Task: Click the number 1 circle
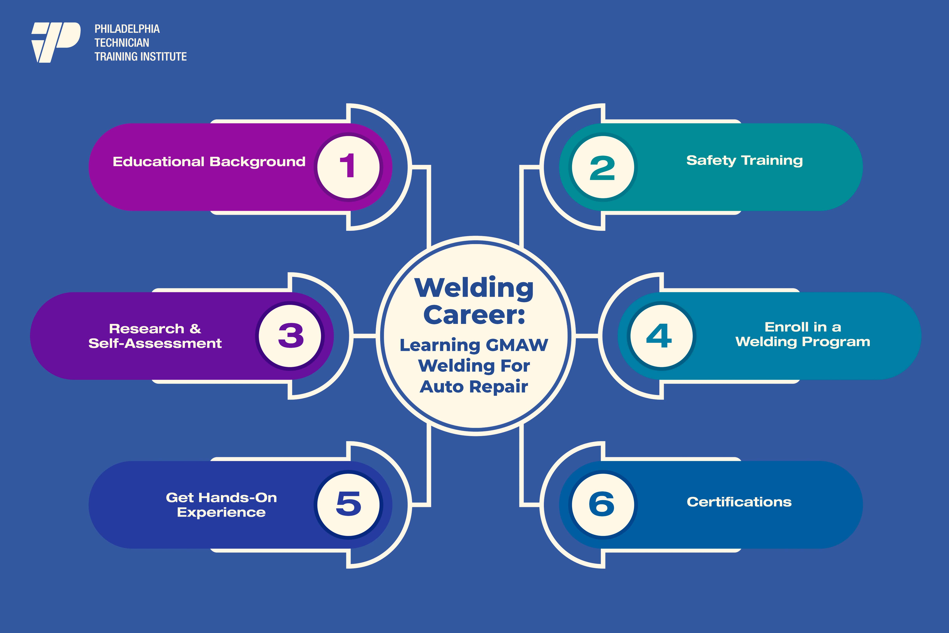point(348,167)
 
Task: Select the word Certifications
point(739,502)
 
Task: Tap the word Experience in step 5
point(221,512)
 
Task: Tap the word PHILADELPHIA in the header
point(127,29)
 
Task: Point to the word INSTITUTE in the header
point(166,56)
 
